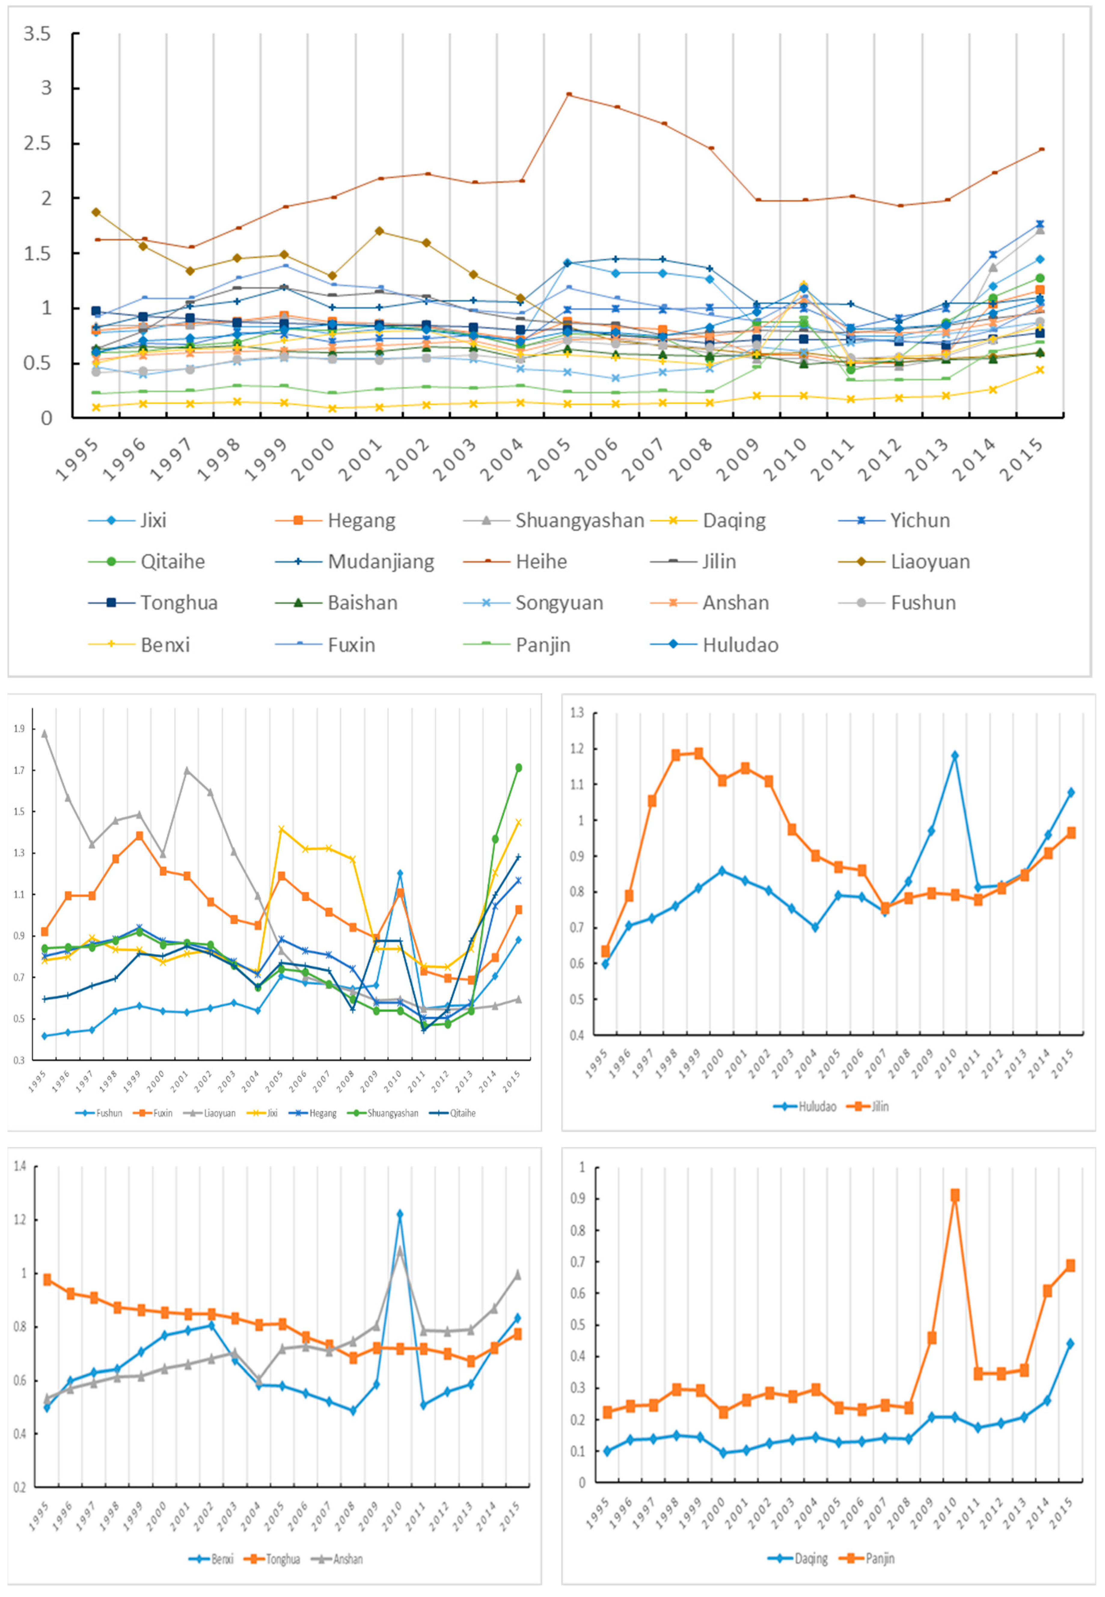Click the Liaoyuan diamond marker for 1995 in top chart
click(96, 212)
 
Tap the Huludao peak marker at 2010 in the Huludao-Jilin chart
click(955, 756)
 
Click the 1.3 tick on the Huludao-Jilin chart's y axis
click(577, 713)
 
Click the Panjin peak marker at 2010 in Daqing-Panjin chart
click(955, 1196)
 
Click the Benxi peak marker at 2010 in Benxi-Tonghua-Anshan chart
click(399, 1215)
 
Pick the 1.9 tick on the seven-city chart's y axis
click(19, 729)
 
